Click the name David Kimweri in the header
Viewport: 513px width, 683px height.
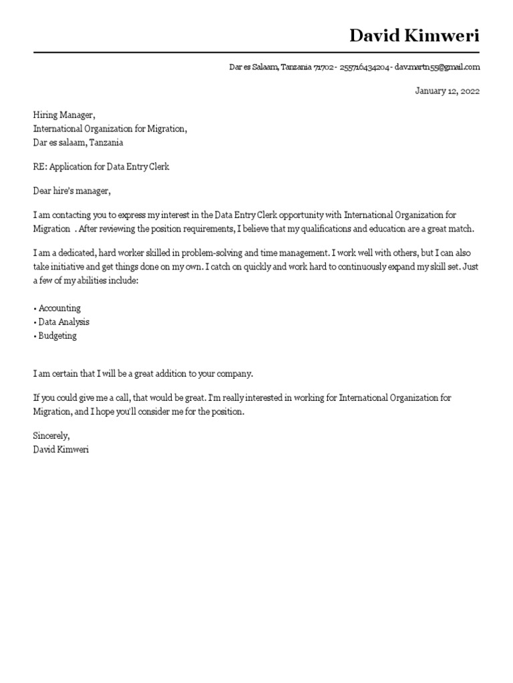point(414,35)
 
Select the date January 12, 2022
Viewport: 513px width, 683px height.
point(447,91)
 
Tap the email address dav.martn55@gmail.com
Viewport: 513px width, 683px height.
point(437,67)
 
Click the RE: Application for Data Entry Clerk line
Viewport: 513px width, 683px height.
point(101,167)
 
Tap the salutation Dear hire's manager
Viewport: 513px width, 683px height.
point(71,191)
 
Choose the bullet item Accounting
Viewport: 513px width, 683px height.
point(59,308)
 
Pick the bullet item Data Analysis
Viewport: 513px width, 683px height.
point(63,322)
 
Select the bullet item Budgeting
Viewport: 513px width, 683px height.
point(57,336)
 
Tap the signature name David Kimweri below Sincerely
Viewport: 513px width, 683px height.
point(61,450)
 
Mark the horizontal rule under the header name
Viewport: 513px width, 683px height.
point(256,52)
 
